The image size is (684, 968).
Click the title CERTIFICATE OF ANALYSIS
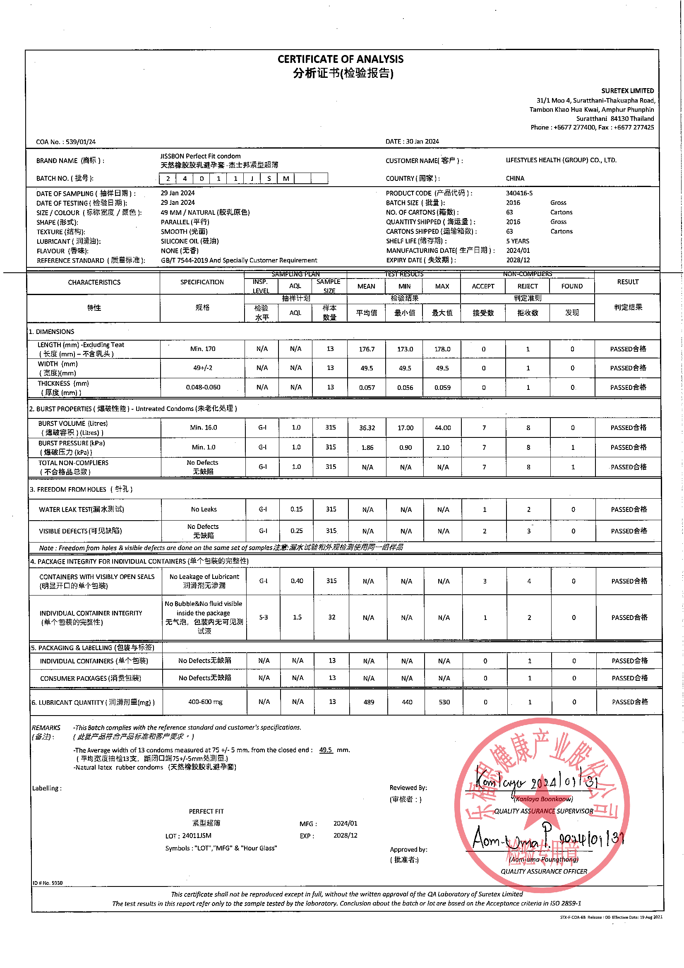(340, 59)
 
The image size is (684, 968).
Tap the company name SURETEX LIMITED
(627, 91)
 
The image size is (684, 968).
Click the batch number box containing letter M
(286, 178)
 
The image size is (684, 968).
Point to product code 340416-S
(519, 193)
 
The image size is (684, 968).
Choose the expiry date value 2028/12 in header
(518, 260)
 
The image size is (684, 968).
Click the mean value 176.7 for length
(366, 349)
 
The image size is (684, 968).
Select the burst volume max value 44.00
(442, 428)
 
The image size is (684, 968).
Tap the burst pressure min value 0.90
(406, 447)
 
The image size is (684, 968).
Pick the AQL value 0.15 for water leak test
(296, 509)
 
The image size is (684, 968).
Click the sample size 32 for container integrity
(332, 617)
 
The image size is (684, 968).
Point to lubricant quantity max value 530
(444, 702)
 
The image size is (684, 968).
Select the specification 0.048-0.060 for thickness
(203, 387)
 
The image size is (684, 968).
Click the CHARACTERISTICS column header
(94, 282)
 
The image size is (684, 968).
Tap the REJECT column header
(527, 286)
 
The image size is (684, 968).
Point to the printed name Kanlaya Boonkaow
(543, 799)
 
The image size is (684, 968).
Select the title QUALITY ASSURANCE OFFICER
(544, 872)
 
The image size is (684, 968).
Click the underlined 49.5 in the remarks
(325, 750)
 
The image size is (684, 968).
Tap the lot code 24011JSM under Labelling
(197, 836)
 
